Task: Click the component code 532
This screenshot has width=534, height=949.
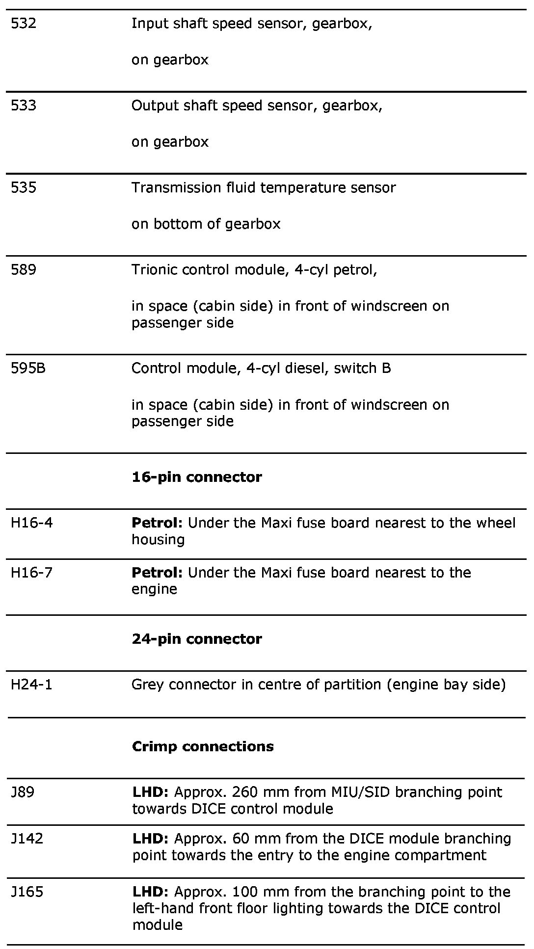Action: [24, 24]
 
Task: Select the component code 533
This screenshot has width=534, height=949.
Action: [24, 105]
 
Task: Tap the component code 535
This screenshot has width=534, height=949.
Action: [24, 187]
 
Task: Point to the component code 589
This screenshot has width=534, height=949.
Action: [24, 269]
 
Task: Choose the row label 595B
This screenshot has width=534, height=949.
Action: [28, 368]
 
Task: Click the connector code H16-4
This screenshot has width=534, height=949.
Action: [31, 523]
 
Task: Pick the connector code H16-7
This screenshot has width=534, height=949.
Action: [31, 572]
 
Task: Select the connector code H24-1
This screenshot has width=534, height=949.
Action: [31, 684]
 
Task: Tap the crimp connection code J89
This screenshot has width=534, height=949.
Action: [23, 792]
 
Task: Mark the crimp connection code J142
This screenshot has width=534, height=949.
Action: [27, 838]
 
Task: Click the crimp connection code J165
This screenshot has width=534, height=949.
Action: [27, 892]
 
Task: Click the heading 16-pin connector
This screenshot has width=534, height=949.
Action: [197, 477]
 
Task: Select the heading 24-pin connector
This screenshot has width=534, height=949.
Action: [197, 639]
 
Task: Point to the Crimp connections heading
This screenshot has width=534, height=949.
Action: [203, 746]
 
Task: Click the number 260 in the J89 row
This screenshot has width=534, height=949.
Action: [245, 792]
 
